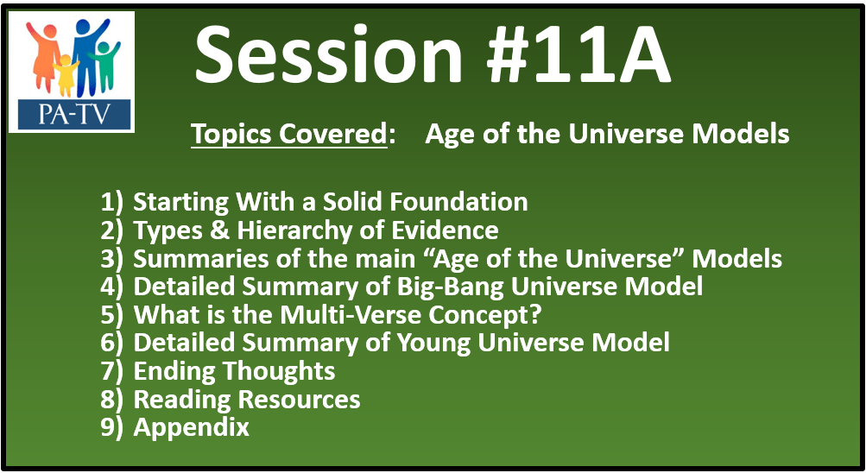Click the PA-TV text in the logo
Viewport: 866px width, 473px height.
[x=73, y=115]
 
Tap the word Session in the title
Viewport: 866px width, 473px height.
[x=328, y=54]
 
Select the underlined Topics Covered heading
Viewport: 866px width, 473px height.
[x=289, y=134]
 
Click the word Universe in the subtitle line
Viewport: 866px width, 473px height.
[x=627, y=134]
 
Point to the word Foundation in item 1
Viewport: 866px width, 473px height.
[x=458, y=201]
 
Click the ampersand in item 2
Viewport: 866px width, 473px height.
[x=219, y=230]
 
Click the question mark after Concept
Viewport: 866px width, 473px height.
[x=535, y=314]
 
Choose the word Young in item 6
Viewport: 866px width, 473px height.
[x=433, y=344]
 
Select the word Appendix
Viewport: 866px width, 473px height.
[x=191, y=428]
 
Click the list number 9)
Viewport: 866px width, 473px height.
[x=112, y=428]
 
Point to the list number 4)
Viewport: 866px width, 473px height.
[x=112, y=287]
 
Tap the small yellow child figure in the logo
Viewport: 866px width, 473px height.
[x=65, y=75]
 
